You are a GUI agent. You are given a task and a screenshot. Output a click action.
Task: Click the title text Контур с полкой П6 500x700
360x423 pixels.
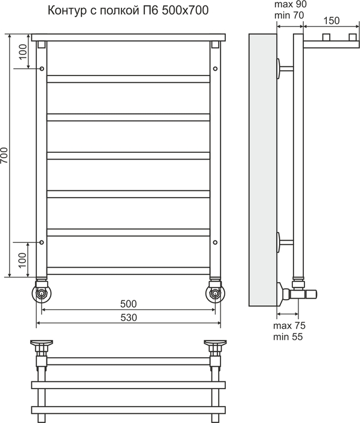tap(128, 10)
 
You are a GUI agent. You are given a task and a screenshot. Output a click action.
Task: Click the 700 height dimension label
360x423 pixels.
tap(4, 155)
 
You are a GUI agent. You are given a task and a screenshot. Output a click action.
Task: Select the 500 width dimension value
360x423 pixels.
tap(129, 304)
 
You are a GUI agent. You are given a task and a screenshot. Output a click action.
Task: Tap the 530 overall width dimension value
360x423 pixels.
tap(129, 317)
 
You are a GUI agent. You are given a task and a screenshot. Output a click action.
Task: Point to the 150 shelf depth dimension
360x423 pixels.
tap(331, 21)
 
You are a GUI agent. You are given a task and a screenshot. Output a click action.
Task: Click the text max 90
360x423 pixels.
tap(291, 4)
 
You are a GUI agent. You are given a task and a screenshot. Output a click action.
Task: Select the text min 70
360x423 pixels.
tap(289, 15)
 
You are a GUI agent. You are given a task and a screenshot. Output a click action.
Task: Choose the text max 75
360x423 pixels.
tap(289, 326)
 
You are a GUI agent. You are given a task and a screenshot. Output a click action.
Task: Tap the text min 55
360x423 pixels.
tap(288, 337)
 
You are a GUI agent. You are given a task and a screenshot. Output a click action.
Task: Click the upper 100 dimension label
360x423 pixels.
tap(23, 51)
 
